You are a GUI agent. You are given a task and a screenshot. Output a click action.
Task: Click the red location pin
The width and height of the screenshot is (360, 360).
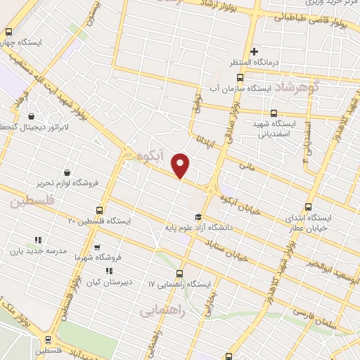tap(181, 165)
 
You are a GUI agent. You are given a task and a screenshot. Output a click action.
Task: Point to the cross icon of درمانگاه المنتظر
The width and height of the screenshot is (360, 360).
tap(254, 51)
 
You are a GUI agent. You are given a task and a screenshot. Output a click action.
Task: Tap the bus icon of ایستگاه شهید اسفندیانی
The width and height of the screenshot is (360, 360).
tap(274, 113)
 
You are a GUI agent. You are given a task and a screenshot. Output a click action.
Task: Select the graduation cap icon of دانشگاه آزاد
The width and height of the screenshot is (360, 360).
tap(198, 217)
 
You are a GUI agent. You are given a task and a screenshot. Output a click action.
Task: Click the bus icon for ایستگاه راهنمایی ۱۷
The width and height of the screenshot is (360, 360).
tap(179, 274)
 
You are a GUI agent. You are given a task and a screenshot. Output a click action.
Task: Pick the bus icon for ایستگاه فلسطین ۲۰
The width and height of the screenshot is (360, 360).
tap(98, 210)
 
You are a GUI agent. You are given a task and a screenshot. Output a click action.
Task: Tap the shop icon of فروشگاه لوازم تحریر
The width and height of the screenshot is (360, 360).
tap(67, 172)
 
